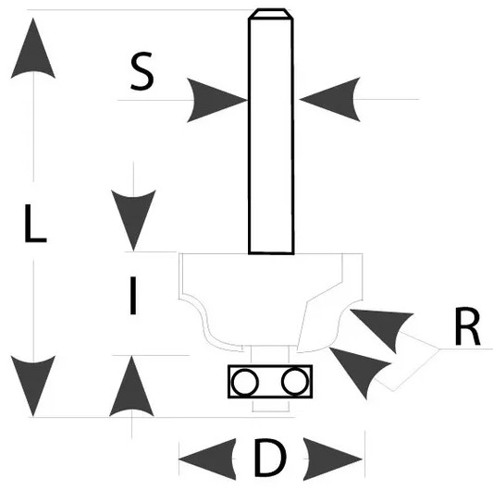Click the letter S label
(142, 71)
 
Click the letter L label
(35, 224)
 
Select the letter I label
(133, 296)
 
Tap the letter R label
(467, 326)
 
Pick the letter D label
(270, 458)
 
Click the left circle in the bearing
(245, 382)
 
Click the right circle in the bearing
(295, 381)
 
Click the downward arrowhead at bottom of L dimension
(33, 383)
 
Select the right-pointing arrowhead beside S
(214, 100)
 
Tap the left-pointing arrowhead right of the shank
(332, 99)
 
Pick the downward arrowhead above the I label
(133, 217)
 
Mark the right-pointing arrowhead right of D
(331, 459)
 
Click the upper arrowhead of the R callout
(383, 327)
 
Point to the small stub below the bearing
(271, 405)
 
